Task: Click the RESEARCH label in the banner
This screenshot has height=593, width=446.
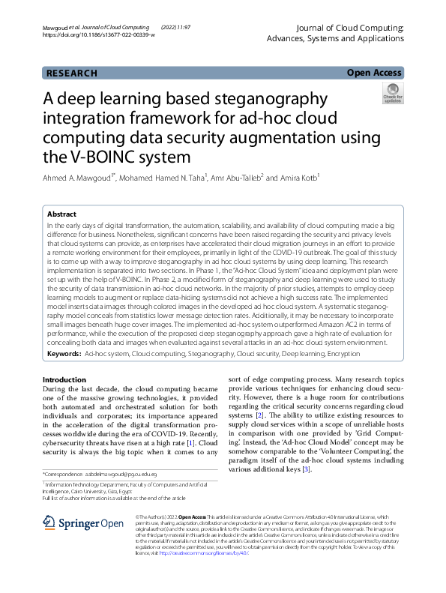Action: tap(72, 73)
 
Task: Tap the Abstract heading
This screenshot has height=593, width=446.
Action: tap(62, 214)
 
